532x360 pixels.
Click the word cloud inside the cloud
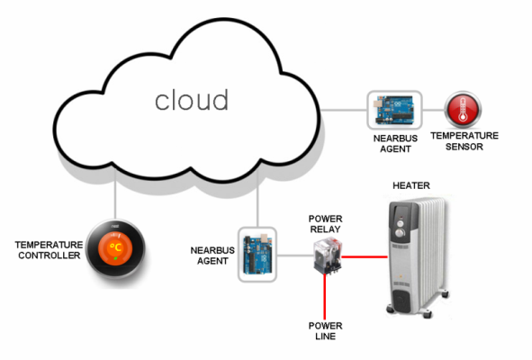pyautogui.click(x=192, y=100)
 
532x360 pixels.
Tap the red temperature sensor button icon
pyautogui.click(x=463, y=110)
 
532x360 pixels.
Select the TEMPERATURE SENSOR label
pyautogui.click(x=464, y=141)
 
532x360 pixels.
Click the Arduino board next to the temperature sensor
pyautogui.click(x=394, y=110)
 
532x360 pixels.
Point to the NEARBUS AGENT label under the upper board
pyautogui.click(x=395, y=143)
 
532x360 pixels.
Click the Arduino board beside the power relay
pyautogui.click(x=257, y=255)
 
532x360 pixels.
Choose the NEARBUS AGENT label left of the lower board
pyautogui.click(x=212, y=256)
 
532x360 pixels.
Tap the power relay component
pyautogui.click(x=328, y=256)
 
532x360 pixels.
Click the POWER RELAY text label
pyautogui.click(x=325, y=224)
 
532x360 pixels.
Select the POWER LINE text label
pyautogui.click(x=325, y=331)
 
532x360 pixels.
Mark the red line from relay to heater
pyautogui.click(x=365, y=256)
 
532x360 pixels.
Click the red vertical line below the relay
pyautogui.click(x=325, y=296)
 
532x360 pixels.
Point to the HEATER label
pyautogui.click(x=411, y=185)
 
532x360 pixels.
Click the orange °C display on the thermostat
pyautogui.click(x=116, y=248)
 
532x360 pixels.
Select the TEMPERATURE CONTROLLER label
pyautogui.click(x=50, y=250)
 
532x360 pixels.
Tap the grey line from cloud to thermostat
pyautogui.click(x=115, y=193)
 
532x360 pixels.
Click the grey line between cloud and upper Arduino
pyautogui.click(x=344, y=110)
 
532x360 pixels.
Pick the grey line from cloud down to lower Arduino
pyautogui.click(x=257, y=197)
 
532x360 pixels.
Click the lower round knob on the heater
pyautogui.click(x=401, y=233)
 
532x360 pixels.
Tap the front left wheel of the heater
pyautogui.click(x=391, y=310)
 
